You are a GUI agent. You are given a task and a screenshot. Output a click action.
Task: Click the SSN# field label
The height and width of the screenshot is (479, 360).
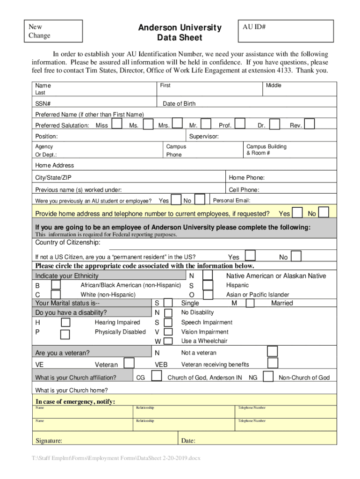(43, 103)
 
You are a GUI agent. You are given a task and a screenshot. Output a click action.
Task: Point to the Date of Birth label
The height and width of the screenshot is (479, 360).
(179, 103)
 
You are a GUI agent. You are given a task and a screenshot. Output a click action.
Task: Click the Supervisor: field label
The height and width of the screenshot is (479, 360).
(203, 137)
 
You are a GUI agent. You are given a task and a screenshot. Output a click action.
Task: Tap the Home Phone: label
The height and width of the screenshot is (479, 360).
(246, 178)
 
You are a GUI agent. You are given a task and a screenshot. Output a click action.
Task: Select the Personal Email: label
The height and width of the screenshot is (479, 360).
(231, 201)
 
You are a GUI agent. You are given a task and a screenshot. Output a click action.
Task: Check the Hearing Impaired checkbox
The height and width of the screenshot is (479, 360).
(65, 322)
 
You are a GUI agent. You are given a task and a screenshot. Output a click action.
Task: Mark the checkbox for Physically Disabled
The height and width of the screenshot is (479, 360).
(65, 334)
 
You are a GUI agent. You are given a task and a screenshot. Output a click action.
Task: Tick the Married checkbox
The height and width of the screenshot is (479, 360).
(250, 303)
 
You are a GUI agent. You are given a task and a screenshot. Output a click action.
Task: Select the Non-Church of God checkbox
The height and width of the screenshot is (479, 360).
(268, 377)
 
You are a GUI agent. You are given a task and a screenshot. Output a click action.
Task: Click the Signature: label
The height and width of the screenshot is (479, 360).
(49, 441)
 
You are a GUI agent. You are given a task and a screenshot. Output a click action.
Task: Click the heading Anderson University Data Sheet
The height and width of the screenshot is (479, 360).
(180, 33)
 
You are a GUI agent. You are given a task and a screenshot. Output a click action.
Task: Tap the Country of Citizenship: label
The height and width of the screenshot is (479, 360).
(67, 242)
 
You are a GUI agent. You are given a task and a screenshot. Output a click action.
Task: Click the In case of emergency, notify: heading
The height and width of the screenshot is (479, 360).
(75, 402)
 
